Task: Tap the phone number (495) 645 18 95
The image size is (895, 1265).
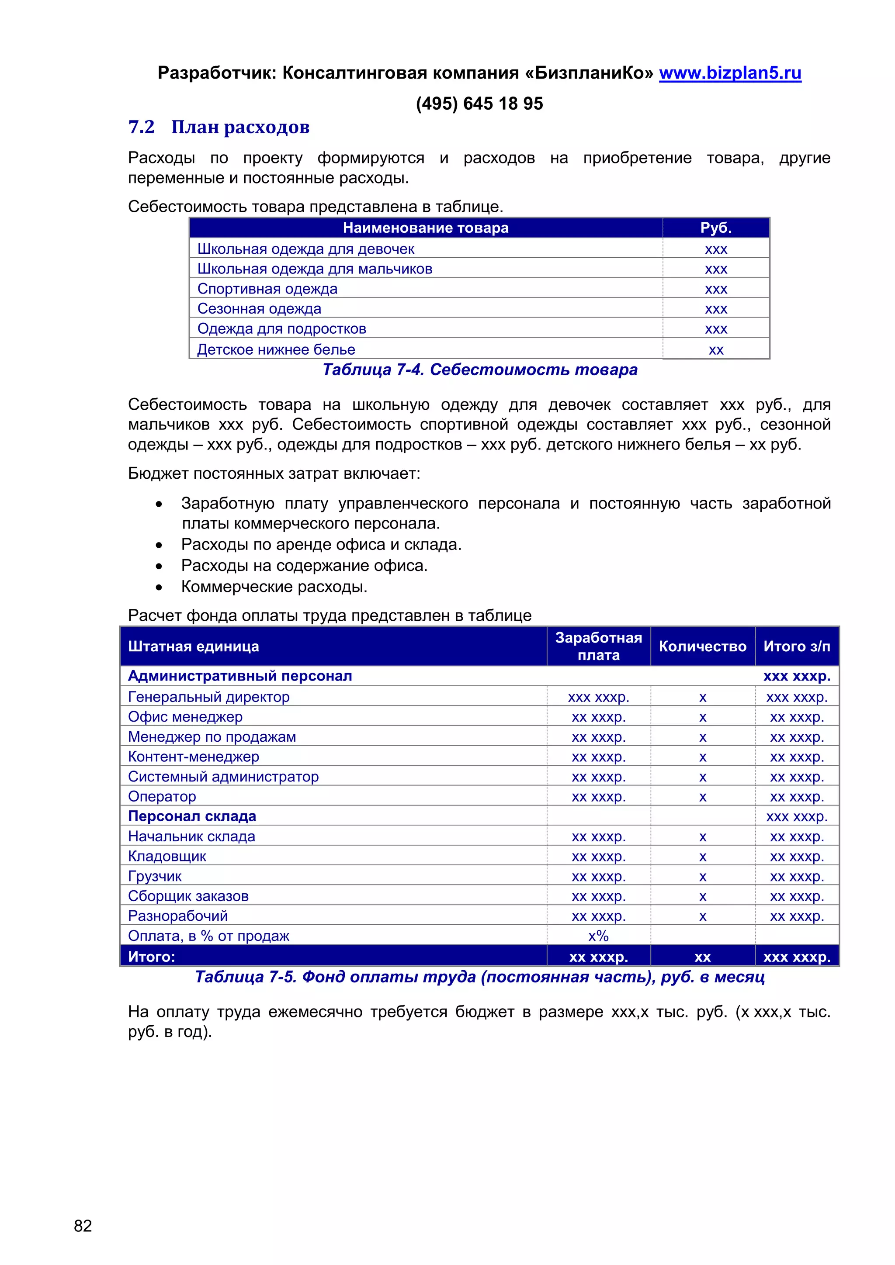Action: click(479, 104)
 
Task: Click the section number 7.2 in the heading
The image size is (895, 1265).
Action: click(141, 127)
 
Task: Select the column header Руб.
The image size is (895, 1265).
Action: click(715, 228)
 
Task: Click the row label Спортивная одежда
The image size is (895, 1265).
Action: click(267, 289)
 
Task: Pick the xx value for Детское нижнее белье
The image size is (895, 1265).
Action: click(715, 350)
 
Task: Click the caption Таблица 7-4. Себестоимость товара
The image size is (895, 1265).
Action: click(479, 370)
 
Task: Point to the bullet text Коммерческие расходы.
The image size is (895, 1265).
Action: click(274, 587)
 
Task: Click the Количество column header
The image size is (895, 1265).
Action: click(702, 646)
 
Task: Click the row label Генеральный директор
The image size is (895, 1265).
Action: click(209, 697)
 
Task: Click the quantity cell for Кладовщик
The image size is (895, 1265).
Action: click(702, 857)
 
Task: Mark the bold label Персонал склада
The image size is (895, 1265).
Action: click(192, 816)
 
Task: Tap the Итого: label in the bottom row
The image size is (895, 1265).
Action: click(152, 957)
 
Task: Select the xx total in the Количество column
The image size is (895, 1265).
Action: click(702, 957)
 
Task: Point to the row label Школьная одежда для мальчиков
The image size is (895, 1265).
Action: click(315, 269)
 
